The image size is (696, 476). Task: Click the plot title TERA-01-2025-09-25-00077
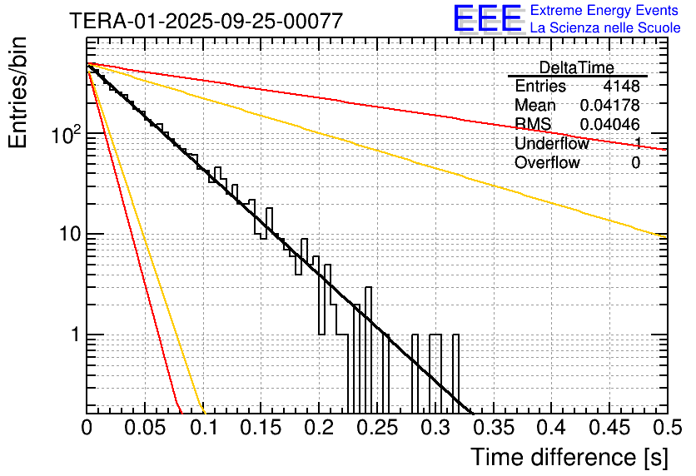click(206, 22)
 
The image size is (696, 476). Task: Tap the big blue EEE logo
click(487, 20)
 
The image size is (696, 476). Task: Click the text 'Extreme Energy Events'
click(605, 11)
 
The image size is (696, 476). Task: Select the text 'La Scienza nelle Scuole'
click(605, 28)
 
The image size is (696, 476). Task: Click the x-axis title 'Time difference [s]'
click(569, 457)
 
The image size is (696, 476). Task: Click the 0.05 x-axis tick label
click(145, 428)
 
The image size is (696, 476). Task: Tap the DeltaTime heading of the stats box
click(576, 67)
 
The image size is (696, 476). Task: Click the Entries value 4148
click(622, 87)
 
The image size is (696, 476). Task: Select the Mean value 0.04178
click(610, 106)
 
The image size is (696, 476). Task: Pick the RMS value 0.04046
click(610, 125)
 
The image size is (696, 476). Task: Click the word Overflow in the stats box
click(547, 163)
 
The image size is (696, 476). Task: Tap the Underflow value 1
click(637, 144)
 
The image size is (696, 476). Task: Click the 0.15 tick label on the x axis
click(261, 428)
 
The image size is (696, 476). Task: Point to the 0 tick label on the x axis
click(87, 428)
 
